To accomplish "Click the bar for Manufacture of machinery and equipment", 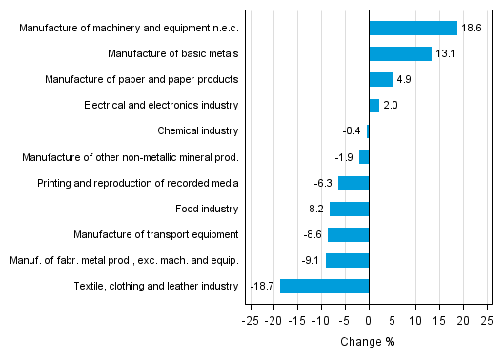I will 413,29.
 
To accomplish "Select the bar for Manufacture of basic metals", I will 400,54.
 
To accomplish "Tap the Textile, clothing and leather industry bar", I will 324,286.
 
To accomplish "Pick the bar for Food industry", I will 349,209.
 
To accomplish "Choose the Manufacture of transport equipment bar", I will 348,234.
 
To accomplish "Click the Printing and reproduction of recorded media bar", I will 353,183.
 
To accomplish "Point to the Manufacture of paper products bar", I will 380,80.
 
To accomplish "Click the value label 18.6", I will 471,29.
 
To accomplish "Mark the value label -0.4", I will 353,131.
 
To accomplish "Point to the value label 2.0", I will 390,106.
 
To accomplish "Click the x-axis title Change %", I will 368,342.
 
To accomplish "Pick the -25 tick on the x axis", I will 251,321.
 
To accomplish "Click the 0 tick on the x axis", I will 369,321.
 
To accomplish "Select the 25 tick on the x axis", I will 486,321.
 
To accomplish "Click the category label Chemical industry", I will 197,131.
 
